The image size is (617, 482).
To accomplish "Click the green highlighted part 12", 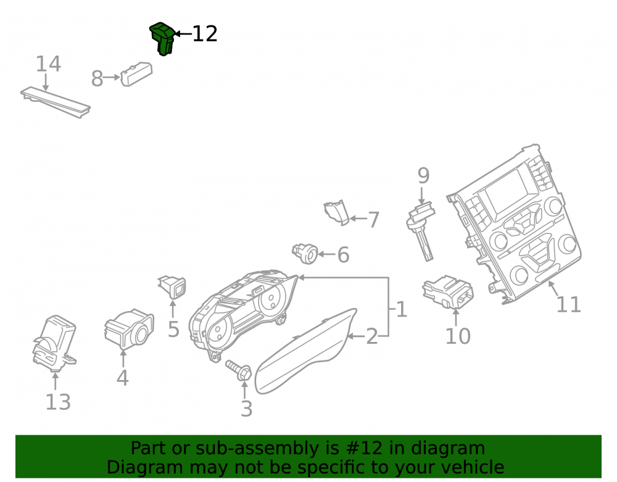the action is pos(162,38).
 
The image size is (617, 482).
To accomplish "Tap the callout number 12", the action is pos(205,34).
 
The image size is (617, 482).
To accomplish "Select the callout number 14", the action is pos(48,64).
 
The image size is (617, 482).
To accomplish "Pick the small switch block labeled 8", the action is pos(136,74).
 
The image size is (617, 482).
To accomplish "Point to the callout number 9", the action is pos(423,175).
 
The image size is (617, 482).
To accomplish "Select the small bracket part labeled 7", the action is pos(337,213).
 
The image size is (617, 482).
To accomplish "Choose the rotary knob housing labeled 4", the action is pos(129,330).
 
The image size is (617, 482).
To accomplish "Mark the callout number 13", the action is pos(58,402).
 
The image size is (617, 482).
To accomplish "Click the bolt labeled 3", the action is pos(239,370).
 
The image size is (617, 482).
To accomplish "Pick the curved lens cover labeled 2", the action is pos(306,351).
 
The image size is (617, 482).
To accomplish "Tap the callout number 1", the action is pos(402,310).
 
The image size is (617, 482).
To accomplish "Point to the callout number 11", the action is pos(569,305).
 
